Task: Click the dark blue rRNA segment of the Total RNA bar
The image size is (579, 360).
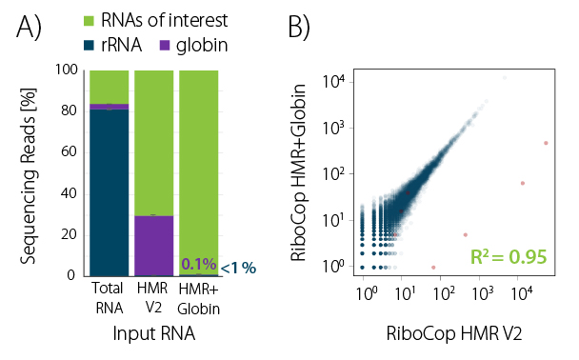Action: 109,190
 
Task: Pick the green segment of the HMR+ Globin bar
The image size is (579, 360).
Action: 198,162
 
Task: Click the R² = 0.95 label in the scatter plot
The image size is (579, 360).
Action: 509,256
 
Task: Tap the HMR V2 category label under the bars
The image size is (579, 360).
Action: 153,296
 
